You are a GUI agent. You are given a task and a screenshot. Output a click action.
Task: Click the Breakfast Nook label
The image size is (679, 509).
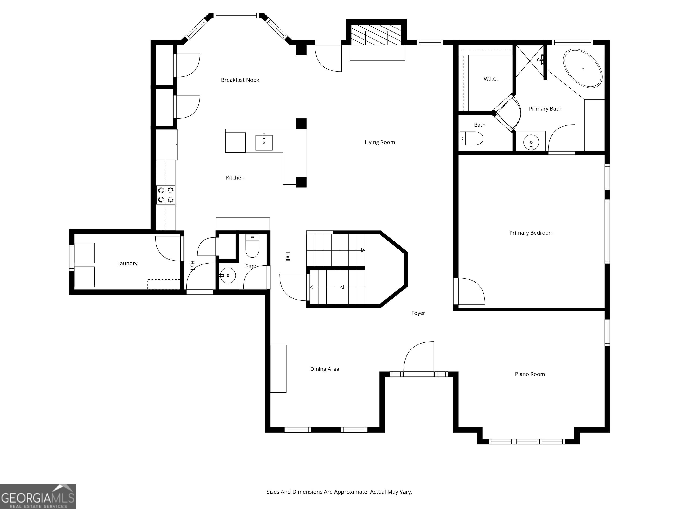[240, 80]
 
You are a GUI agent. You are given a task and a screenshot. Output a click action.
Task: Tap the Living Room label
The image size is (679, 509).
[380, 142]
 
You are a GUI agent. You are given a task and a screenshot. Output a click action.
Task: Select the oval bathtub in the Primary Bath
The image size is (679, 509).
[582, 68]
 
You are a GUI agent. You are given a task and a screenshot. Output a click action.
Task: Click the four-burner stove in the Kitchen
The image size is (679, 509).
[166, 195]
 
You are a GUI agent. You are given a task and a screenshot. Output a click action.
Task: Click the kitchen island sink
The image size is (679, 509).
[264, 142]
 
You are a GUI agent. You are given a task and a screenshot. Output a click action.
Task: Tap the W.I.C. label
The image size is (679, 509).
[490, 79]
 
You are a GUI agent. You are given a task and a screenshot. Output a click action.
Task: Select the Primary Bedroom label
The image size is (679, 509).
[531, 233]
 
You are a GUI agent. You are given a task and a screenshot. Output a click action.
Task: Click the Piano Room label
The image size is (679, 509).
[530, 374]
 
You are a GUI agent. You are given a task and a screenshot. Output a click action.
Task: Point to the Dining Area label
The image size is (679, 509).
[325, 369]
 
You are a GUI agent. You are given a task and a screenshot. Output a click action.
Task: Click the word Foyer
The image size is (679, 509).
[418, 313]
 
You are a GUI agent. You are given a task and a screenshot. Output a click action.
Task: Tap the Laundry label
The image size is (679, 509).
[127, 263]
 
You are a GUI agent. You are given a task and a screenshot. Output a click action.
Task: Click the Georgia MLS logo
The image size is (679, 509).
[38, 496]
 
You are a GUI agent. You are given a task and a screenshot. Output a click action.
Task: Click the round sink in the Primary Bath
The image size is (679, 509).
[531, 142]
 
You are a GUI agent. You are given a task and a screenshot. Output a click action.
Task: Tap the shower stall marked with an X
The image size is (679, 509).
[530, 61]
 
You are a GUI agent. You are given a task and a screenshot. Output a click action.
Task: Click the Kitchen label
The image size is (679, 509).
[235, 178]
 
